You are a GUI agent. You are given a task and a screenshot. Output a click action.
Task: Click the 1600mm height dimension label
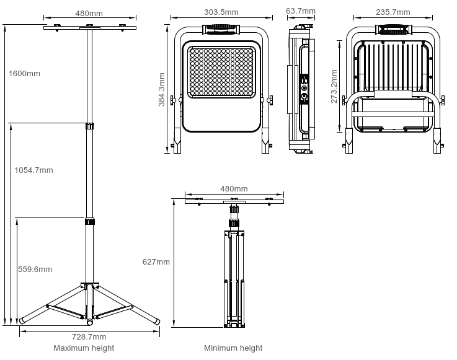point(25,74)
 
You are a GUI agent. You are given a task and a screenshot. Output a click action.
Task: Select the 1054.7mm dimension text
point(33,170)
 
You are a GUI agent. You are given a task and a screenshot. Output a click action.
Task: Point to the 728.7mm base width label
point(89,337)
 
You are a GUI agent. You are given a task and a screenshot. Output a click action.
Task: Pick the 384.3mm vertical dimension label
point(162,90)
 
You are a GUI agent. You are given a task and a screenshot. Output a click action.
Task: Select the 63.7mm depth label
point(301,11)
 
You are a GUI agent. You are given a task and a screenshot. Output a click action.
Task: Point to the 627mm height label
point(156,262)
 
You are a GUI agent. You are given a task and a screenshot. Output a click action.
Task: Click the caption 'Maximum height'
point(84,348)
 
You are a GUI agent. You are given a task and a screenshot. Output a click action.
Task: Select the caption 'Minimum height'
point(233,348)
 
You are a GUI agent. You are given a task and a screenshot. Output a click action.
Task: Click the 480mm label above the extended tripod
point(89,13)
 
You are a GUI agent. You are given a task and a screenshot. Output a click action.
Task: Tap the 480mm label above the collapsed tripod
point(234,189)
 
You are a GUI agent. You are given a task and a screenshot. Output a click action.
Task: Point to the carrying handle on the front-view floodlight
point(221,28)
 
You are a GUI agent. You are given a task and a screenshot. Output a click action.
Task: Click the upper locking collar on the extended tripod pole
point(89,126)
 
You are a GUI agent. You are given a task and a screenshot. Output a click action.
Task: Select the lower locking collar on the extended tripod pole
point(89,221)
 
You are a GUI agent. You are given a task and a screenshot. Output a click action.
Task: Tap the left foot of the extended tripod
point(23,320)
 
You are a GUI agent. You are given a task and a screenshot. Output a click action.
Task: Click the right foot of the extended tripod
point(156,320)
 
